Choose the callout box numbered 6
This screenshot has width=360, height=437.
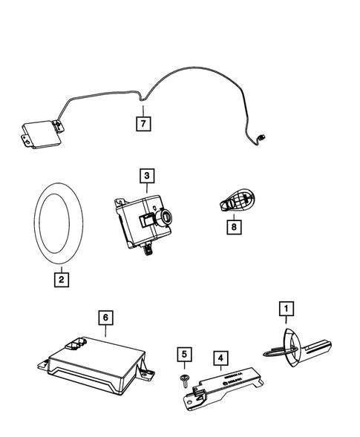point(106,318)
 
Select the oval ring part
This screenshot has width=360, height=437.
point(60,224)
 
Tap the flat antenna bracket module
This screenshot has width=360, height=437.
point(224,387)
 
